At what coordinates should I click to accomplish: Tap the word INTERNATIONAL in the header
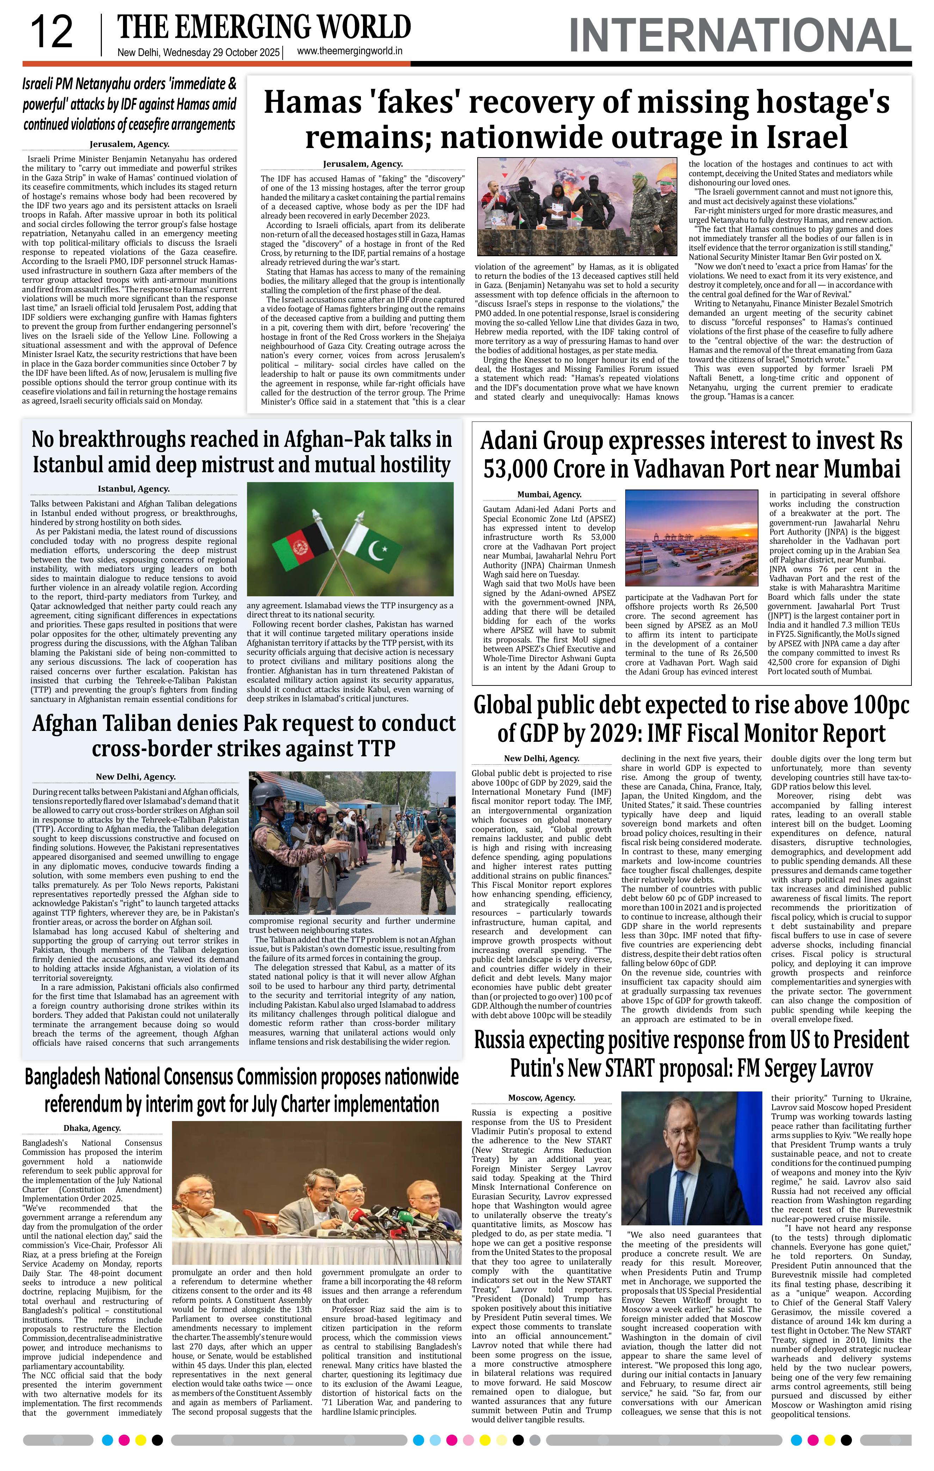[740, 36]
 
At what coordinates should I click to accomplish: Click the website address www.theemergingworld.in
[349, 52]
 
